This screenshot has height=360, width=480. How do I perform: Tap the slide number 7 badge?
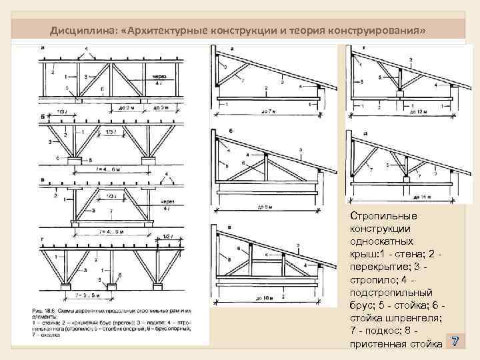455,341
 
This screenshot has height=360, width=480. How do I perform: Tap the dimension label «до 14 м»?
421,197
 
